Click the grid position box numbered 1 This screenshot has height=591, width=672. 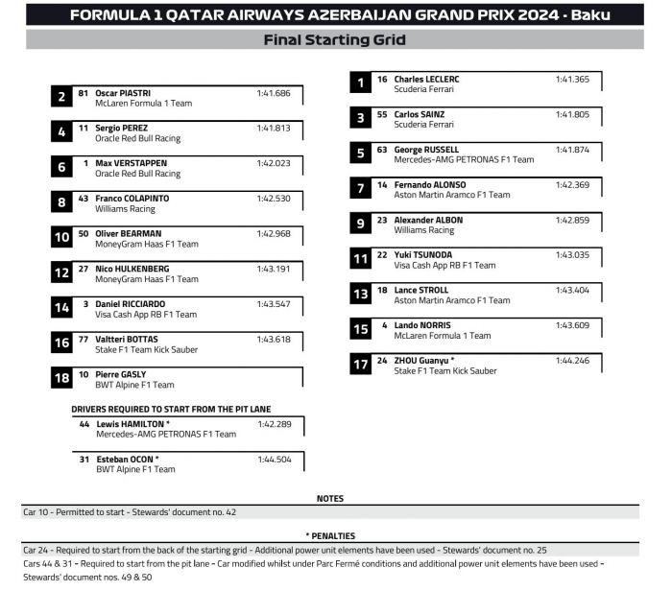360,83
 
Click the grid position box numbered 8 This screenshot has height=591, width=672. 61,202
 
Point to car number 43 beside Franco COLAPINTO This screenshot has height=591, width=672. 84,199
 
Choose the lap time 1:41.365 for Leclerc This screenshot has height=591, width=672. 572,80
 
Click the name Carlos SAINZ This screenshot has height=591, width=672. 420,114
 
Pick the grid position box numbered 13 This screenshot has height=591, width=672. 360,295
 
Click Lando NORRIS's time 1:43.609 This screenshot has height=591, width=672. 572,325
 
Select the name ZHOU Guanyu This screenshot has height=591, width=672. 424,361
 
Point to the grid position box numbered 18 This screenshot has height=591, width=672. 61,379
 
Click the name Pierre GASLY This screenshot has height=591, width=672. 121,374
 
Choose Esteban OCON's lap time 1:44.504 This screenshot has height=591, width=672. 274,460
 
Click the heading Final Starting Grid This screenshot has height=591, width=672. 334,40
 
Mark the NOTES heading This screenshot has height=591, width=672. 330,499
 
